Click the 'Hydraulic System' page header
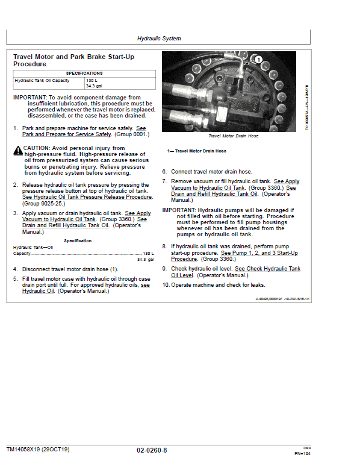pyautogui.click(x=159, y=38)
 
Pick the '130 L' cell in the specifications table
pyautogui.click(x=92, y=80)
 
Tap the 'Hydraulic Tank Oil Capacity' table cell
pyautogui.click(x=42, y=80)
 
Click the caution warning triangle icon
pyautogui.click(x=17, y=151)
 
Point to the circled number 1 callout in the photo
pyautogui.click(x=258, y=60)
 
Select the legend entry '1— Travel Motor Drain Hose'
pyautogui.click(x=196, y=151)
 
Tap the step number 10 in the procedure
pyautogui.click(x=166, y=285)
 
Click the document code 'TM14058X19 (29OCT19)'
pyautogui.click(x=38, y=450)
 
